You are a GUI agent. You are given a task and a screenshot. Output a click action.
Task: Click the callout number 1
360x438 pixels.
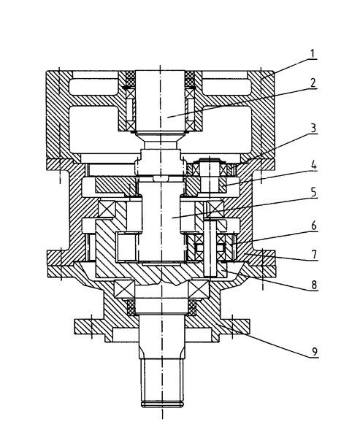point(313,53)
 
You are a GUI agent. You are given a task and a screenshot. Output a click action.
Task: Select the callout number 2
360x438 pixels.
point(313,82)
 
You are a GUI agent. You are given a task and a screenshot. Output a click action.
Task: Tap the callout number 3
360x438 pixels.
point(313,128)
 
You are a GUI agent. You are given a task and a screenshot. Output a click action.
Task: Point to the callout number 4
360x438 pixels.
point(314,165)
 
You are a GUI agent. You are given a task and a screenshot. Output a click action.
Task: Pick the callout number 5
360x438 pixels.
point(313,193)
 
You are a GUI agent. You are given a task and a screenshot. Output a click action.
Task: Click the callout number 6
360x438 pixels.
point(314,225)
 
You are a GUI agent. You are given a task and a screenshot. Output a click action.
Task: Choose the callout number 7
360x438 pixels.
point(314,255)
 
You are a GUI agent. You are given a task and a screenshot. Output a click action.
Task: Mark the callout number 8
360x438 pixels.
point(314,285)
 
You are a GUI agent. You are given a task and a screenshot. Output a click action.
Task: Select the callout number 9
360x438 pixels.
point(315,351)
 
